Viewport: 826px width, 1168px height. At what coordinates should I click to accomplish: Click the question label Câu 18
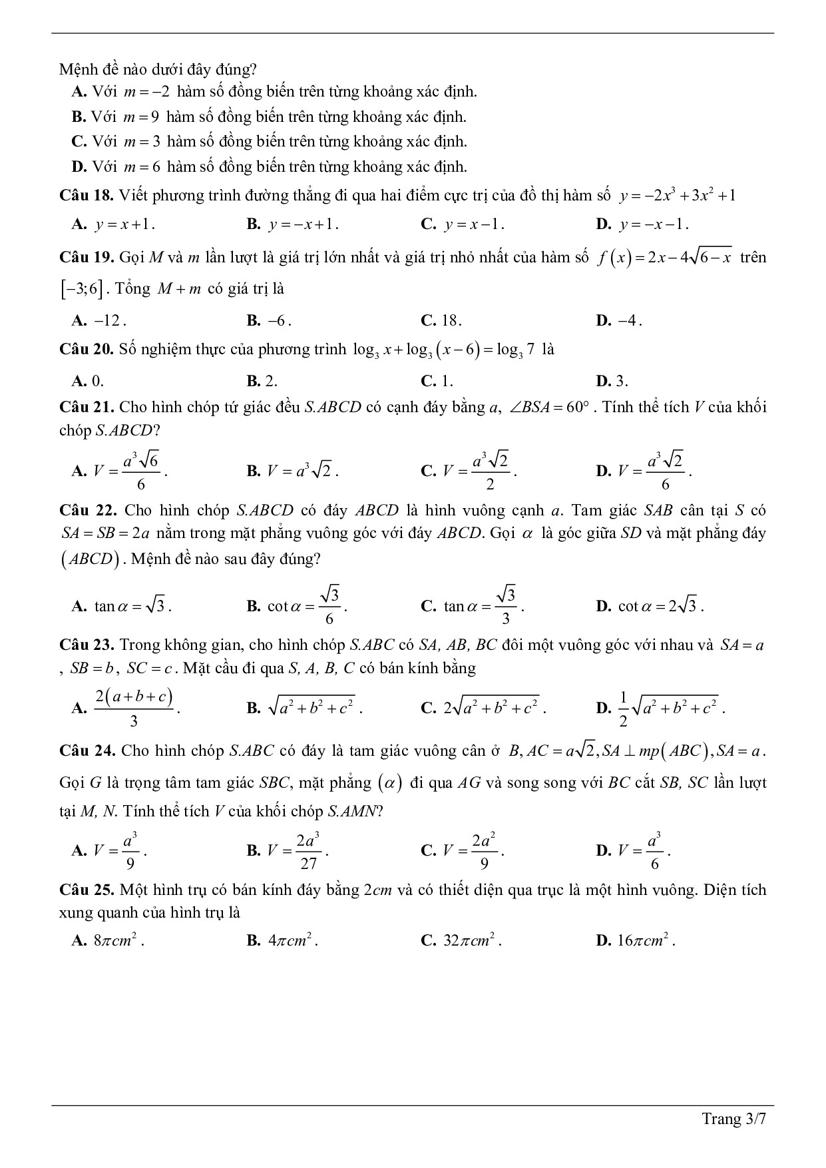pyautogui.click(x=86, y=195)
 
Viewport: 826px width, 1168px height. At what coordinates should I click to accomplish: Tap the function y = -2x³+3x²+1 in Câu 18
pyautogui.click(x=677, y=195)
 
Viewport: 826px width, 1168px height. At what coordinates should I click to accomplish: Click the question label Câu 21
pyautogui.click(x=86, y=407)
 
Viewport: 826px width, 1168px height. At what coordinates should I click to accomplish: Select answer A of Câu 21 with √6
pyautogui.click(x=120, y=471)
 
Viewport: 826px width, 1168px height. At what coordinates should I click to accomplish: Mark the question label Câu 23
pyautogui.click(x=86, y=645)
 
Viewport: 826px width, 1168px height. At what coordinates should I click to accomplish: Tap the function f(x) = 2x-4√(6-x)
pyautogui.click(x=664, y=258)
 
